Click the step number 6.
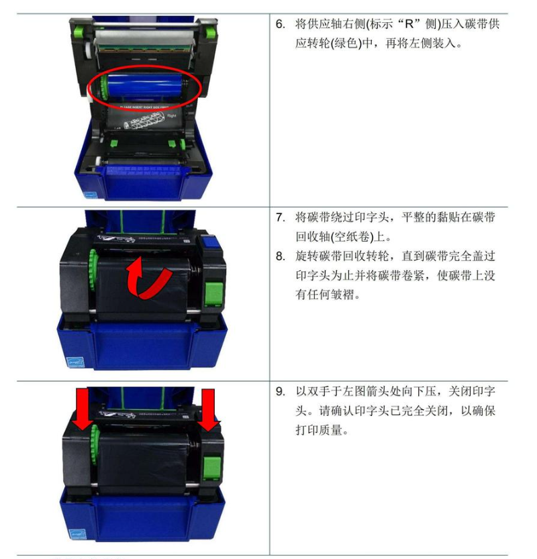[x=280, y=24]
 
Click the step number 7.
[x=280, y=217]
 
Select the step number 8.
[x=280, y=256]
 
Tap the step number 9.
[x=280, y=391]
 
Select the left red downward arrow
[x=83, y=410]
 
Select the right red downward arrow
[x=208, y=410]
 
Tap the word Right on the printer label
[x=172, y=115]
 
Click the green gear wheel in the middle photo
[x=93, y=270]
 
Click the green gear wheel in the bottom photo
[x=95, y=444]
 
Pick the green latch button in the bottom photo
[x=212, y=467]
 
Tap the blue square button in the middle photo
[x=210, y=244]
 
